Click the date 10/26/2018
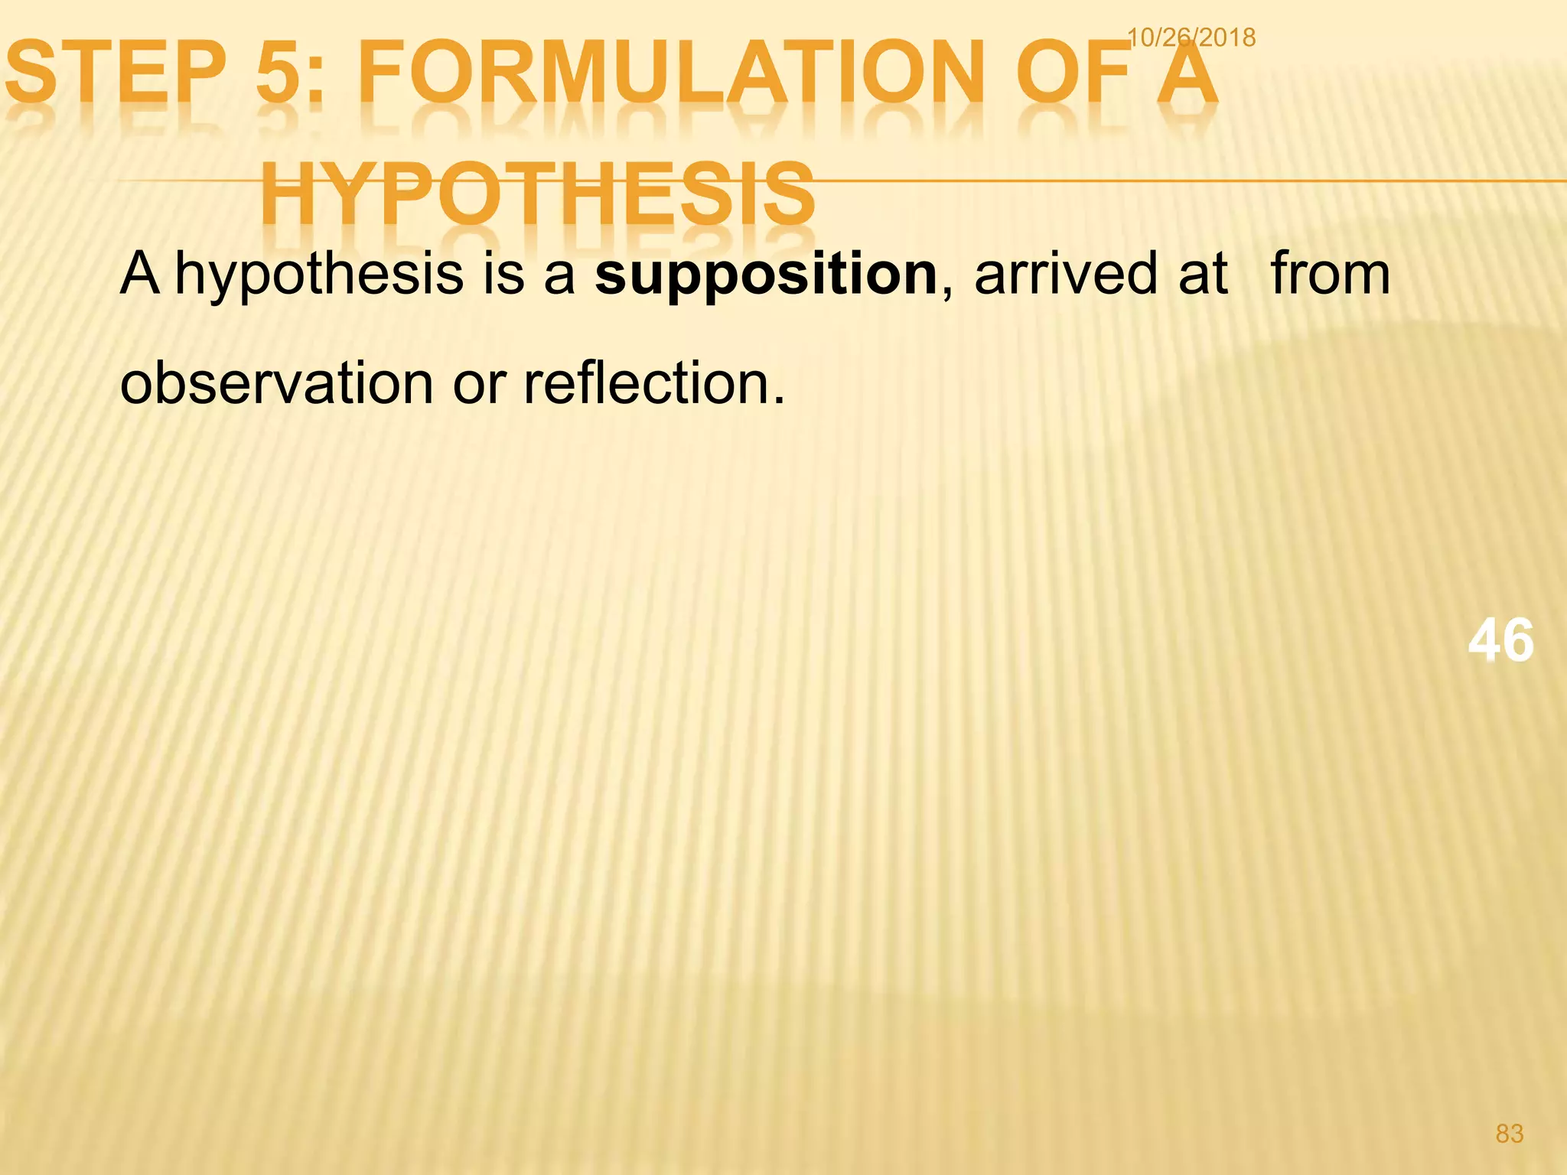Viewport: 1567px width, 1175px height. [1191, 37]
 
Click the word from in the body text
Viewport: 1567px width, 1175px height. [1330, 274]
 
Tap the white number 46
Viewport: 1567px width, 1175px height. [1500, 640]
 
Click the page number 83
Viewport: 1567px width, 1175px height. [1510, 1133]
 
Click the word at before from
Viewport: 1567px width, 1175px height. [1203, 274]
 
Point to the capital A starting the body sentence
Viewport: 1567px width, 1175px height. [140, 274]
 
